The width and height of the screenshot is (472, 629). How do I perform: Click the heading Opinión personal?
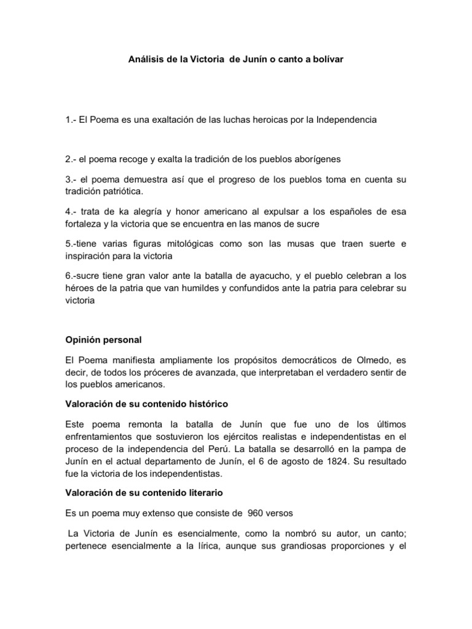coord(103,340)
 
